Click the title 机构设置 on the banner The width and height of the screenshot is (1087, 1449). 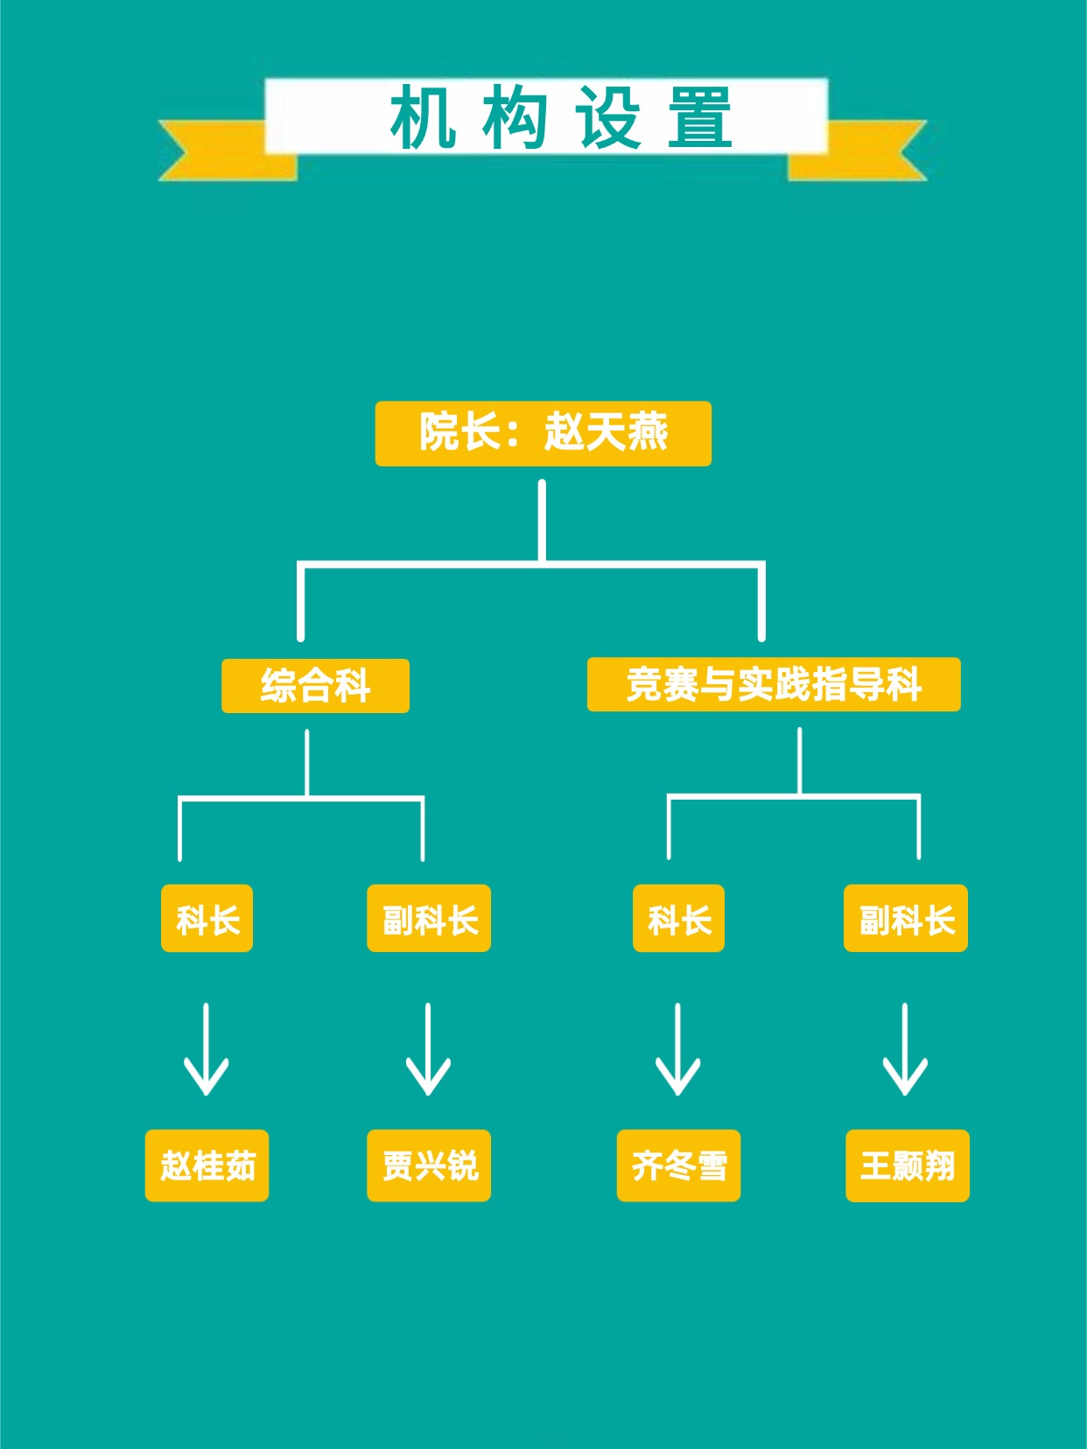pyautogui.click(x=561, y=117)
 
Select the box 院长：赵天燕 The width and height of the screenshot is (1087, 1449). pyautogui.click(x=543, y=433)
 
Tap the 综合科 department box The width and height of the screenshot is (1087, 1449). pyautogui.click(x=315, y=686)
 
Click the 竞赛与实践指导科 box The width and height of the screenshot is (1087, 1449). pyautogui.click(x=774, y=684)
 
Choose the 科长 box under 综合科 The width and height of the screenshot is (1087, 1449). pyautogui.click(x=207, y=919)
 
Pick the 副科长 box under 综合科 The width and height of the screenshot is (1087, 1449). pyautogui.click(x=429, y=919)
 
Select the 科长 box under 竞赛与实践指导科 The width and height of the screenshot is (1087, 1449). pyautogui.click(x=678, y=919)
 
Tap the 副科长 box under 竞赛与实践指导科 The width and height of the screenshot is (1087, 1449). pyautogui.click(x=906, y=919)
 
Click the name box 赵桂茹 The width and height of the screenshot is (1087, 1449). pyautogui.click(x=207, y=1165)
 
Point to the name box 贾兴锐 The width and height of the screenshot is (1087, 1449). pyautogui.click(x=429, y=1165)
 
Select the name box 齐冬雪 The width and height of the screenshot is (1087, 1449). pyautogui.click(x=678, y=1165)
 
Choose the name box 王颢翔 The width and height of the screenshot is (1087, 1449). pyautogui.click(x=908, y=1165)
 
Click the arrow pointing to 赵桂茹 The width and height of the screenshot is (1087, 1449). pyautogui.click(x=207, y=1050)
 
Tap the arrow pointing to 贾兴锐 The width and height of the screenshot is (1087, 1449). pyautogui.click(x=428, y=1050)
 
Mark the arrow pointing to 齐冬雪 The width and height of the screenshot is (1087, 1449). pyautogui.click(x=677, y=1050)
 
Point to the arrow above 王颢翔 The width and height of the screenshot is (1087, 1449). pyautogui.click(x=905, y=1050)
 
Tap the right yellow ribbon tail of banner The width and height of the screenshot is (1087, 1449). pyautogui.click(x=866, y=150)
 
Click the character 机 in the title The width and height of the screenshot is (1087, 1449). pyautogui.click(x=423, y=117)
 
